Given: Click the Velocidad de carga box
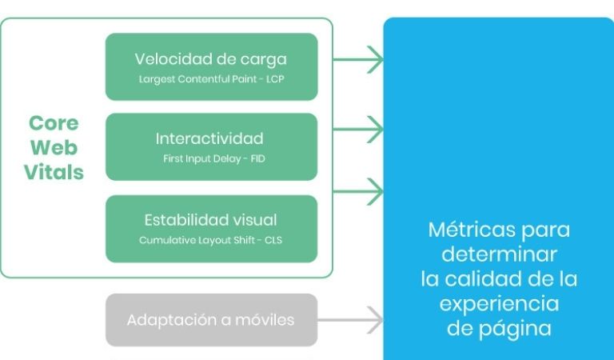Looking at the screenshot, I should point(211,66).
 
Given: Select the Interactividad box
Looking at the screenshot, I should point(211,146).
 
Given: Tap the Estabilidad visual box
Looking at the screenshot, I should point(211,228).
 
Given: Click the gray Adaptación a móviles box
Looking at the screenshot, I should point(211,320).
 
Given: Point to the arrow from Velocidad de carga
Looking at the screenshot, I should point(357,58).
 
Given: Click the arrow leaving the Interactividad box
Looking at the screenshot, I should point(357,126).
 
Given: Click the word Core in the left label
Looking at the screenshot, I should point(54,123).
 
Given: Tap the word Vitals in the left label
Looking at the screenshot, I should point(54,173).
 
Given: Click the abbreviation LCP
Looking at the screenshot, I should point(275,79).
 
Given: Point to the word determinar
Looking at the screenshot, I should point(499,255).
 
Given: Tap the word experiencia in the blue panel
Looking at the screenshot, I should point(499,304).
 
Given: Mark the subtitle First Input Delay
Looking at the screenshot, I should point(197,159).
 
